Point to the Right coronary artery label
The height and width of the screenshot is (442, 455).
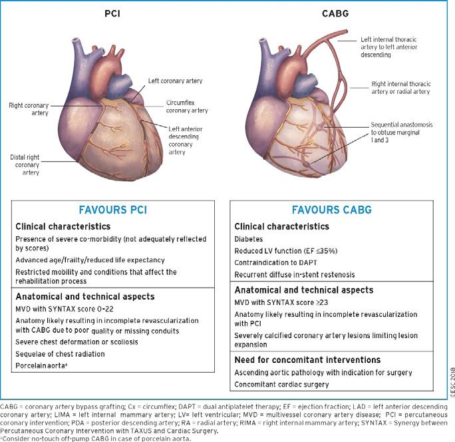click(27, 109)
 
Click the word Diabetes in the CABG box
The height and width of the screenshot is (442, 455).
click(249, 238)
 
